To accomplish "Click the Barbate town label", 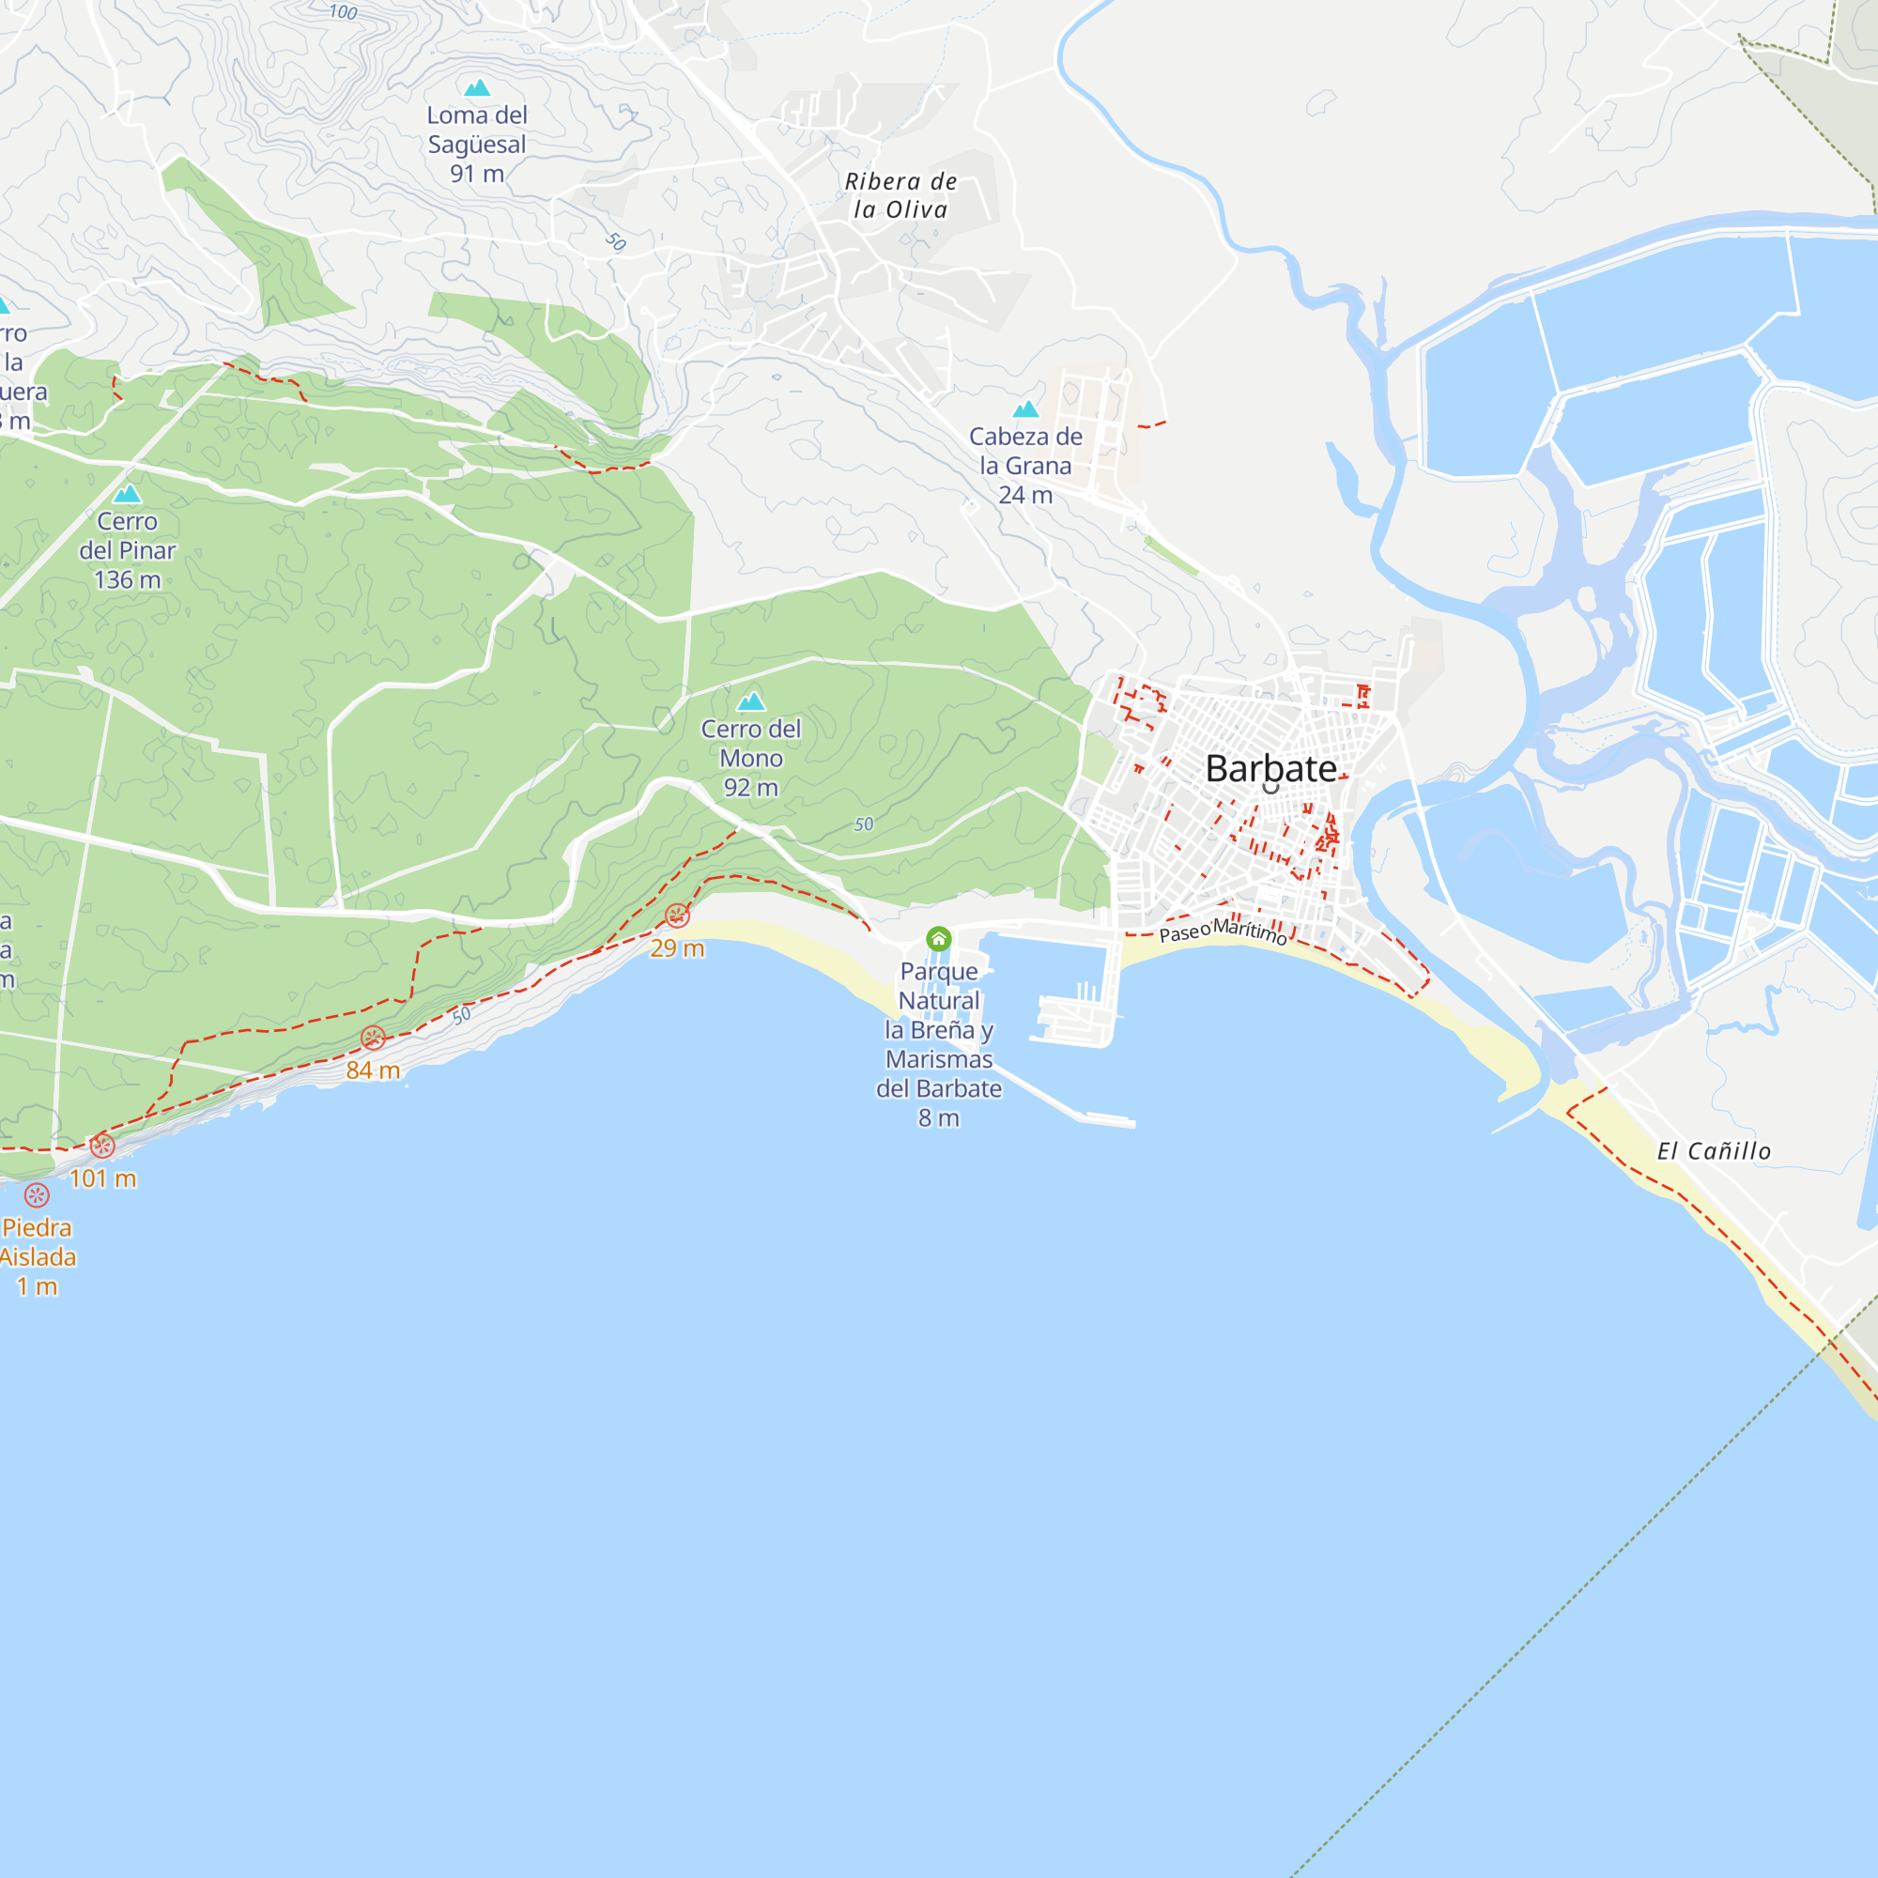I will point(1270,769).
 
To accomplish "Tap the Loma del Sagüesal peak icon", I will point(476,88).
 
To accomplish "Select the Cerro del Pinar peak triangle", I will point(128,495).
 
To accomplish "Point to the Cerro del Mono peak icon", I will point(750,701).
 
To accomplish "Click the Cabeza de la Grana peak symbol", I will point(1025,409).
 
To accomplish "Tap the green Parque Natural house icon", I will point(938,938).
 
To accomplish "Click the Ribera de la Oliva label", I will point(901,195).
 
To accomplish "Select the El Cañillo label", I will point(1714,1151).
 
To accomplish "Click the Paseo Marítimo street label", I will point(1223,931).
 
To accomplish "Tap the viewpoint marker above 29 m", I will point(678,916).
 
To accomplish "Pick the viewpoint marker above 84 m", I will point(374,1039).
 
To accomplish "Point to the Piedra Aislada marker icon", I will point(37,1195).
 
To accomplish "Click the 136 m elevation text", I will point(128,580).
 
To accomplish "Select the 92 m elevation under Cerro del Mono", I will point(750,789).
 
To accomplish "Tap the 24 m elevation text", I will point(1025,496).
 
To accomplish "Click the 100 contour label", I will point(343,12).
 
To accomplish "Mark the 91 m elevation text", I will point(476,174).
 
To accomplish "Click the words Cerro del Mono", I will point(750,744).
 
